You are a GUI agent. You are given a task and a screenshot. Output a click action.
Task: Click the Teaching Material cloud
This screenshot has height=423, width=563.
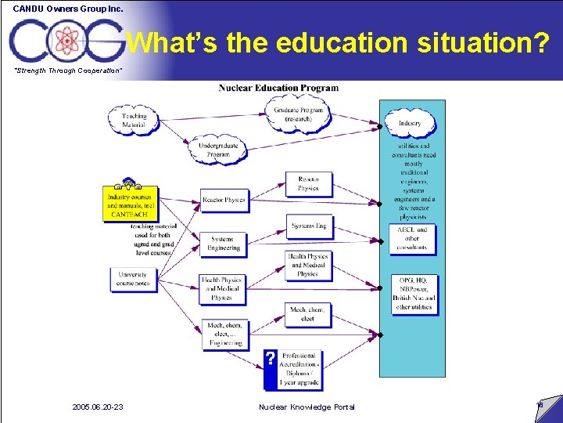(134, 120)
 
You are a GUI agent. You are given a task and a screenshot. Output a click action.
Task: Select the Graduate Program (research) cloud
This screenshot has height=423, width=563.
(299, 114)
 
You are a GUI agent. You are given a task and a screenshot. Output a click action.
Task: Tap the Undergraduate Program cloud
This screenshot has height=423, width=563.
(218, 150)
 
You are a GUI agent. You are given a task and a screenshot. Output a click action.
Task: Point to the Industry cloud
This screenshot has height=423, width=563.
(410, 123)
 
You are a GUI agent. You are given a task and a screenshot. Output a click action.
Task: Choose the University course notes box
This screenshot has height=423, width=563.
(133, 279)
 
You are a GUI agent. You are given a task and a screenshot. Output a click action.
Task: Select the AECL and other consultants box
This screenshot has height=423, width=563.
(412, 238)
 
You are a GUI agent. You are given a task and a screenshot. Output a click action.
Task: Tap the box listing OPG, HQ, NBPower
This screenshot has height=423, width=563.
(414, 293)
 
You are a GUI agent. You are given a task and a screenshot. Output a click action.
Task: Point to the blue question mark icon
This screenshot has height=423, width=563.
(270, 358)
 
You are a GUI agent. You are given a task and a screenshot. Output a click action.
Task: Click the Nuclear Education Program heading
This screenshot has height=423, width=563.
(278, 88)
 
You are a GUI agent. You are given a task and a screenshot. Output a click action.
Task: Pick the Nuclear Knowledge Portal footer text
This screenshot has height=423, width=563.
(307, 407)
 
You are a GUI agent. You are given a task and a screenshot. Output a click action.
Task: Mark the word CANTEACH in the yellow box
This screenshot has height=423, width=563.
(129, 214)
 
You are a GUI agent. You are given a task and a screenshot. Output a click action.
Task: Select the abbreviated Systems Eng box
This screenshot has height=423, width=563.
(309, 226)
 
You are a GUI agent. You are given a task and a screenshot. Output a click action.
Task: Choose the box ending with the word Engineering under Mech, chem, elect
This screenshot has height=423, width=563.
(224, 334)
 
